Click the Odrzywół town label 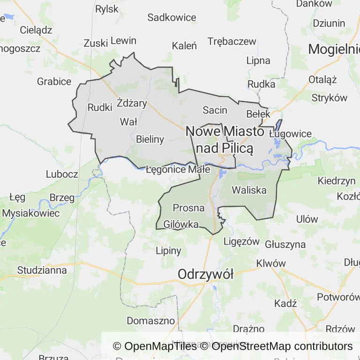coord(205,275)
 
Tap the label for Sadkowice coord(172,18)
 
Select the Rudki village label coord(100,107)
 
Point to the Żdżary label coord(132,103)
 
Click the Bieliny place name coord(150,139)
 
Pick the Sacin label coord(215,111)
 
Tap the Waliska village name coord(249,190)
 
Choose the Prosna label coord(188,208)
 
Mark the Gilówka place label coord(181,225)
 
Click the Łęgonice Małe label coord(178,170)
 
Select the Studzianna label coord(42,270)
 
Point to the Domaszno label coord(150,321)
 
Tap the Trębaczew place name coord(232,41)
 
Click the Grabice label coord(54,82)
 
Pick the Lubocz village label coord(62,174)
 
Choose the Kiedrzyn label coord(337,180)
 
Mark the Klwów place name coord(271,263)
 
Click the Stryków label coord(330,98)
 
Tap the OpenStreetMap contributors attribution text coord(282,346)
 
